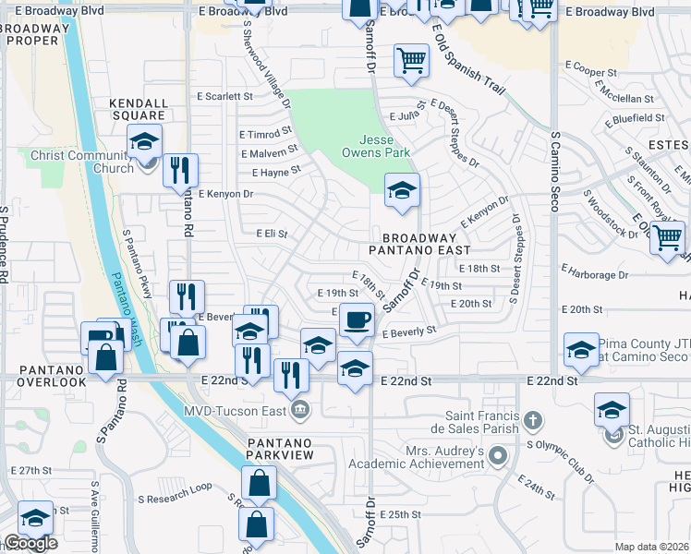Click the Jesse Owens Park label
point(376,145)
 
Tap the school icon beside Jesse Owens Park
point(402,191)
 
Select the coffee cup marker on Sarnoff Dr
point(357,320)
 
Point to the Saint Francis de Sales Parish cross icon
point(532,421)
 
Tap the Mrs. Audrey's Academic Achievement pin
point(499,455)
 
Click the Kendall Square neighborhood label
point(139,109)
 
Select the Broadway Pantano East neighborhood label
point(419,244)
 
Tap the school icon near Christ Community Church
point(144,141)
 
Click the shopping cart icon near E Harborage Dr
point(667,238)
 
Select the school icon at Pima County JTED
point(581,350)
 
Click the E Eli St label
point(273,235)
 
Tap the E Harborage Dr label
point(594,274)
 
